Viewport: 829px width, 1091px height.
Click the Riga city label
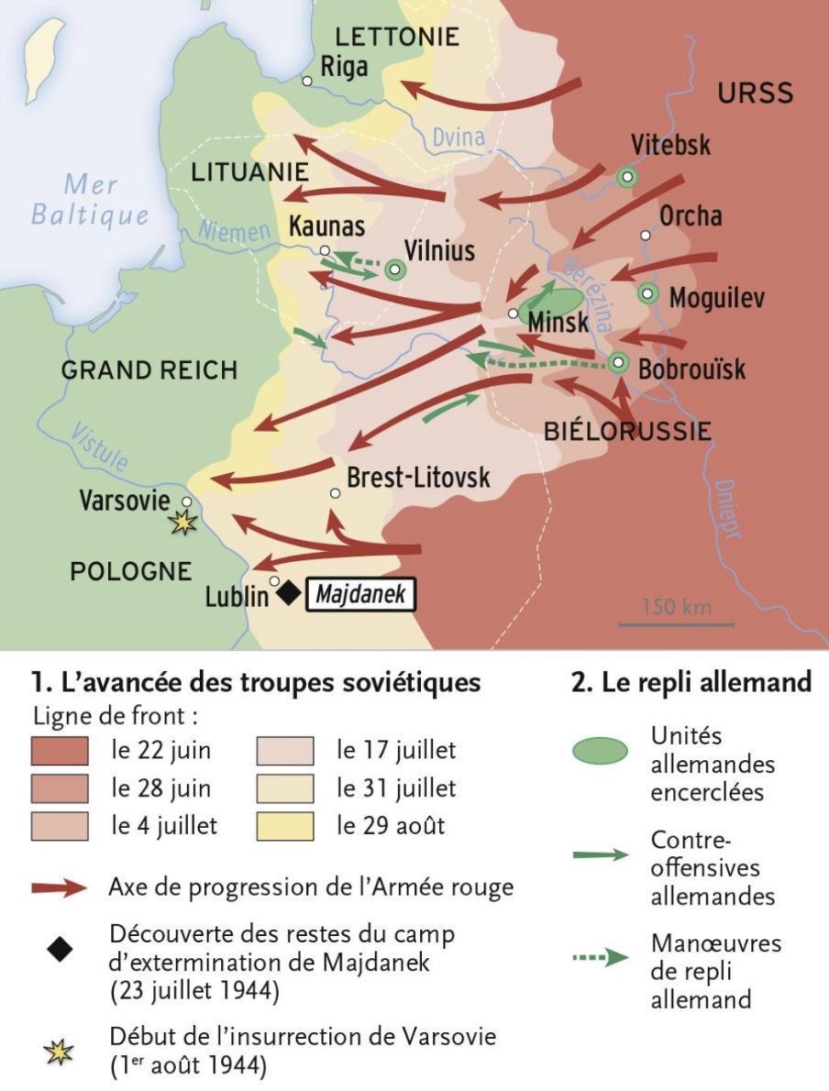click(x=345, y=67)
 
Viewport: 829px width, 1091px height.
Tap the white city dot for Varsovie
click(x=186, y=501)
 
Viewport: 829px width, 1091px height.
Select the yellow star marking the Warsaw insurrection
click(x=183, y=523)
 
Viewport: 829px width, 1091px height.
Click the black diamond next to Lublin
click(x=289, y=593)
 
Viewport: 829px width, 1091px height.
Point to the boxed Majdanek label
click(x=360, y=595)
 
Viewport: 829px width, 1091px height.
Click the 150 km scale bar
click(x=676, y=623)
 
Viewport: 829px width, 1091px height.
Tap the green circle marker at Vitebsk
click(x=626, y=177)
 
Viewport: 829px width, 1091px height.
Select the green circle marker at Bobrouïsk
click(x=619, y=363)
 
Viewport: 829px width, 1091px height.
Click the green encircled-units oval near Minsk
click(x=549, y=303)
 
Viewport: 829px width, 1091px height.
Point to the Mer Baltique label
click(x=90, y=200)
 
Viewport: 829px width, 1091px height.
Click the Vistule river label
click(x=100, y=446)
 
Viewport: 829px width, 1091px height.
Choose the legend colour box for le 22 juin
click(x=60, y=750)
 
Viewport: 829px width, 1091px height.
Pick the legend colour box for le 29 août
click(x=284, y=825)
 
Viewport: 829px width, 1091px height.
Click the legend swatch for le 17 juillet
click(x=284, y=750)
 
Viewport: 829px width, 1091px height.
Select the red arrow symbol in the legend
click(x=60, y=887)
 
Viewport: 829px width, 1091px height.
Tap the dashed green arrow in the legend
click(x=600, y=959)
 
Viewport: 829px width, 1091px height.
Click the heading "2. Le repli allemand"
click(x=691, y=683)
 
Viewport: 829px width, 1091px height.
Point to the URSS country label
click(x=755, y=94)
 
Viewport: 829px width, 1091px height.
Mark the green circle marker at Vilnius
click(x=395, y=269)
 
